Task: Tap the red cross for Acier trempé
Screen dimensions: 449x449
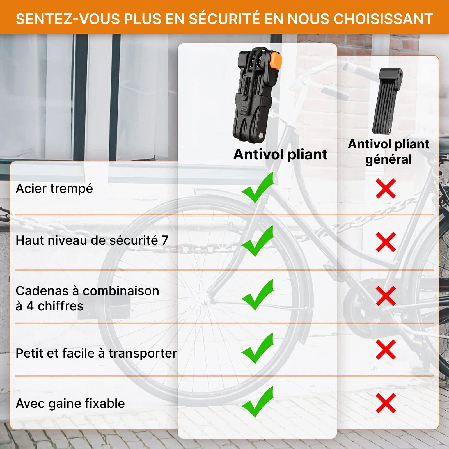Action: [x=386, y=189]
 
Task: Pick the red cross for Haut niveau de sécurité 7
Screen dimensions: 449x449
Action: [x=386, y=242]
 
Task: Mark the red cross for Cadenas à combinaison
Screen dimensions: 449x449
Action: [x=386, y=296]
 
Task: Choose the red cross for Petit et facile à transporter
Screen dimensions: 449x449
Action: [x=386, y=350]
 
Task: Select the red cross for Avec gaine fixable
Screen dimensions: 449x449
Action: [x=386, y=403]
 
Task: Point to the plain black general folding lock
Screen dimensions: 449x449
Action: [x=387, y=102]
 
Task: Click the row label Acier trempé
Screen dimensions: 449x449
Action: [x=54, y=189]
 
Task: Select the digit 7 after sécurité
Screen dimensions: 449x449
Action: [x=165, y=240]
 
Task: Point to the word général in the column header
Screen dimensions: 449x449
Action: [x=388, y=159]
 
